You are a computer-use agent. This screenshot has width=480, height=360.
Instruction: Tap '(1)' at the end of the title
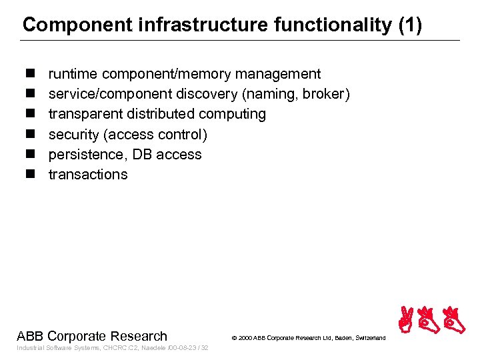tap(409, 25)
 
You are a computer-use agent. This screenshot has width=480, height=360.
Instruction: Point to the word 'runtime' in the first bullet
tap(73, 74)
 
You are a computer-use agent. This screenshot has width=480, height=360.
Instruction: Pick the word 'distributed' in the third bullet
tap(159, 114)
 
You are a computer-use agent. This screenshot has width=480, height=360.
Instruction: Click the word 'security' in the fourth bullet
tap(73, 134)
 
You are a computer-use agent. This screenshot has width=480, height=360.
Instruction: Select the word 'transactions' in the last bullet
tap(88, 174)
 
